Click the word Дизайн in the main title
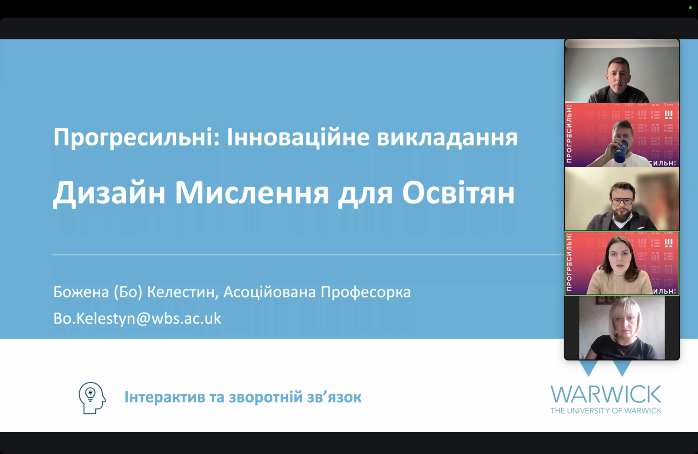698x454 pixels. click(109, 194)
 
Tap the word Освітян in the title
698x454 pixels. click(459, 193)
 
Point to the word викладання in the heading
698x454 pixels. click(447, 137)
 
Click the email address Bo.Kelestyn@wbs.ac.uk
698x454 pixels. click(137, 319)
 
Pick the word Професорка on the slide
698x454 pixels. click(365, 292)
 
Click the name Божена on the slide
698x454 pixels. click(81, 292)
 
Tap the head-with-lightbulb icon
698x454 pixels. click(92, 398)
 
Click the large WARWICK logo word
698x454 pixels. click(606, 394)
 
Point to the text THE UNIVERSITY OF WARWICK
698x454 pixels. click(606, 411)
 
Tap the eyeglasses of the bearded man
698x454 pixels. click(622, 201)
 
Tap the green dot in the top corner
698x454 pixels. click(690, 7)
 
